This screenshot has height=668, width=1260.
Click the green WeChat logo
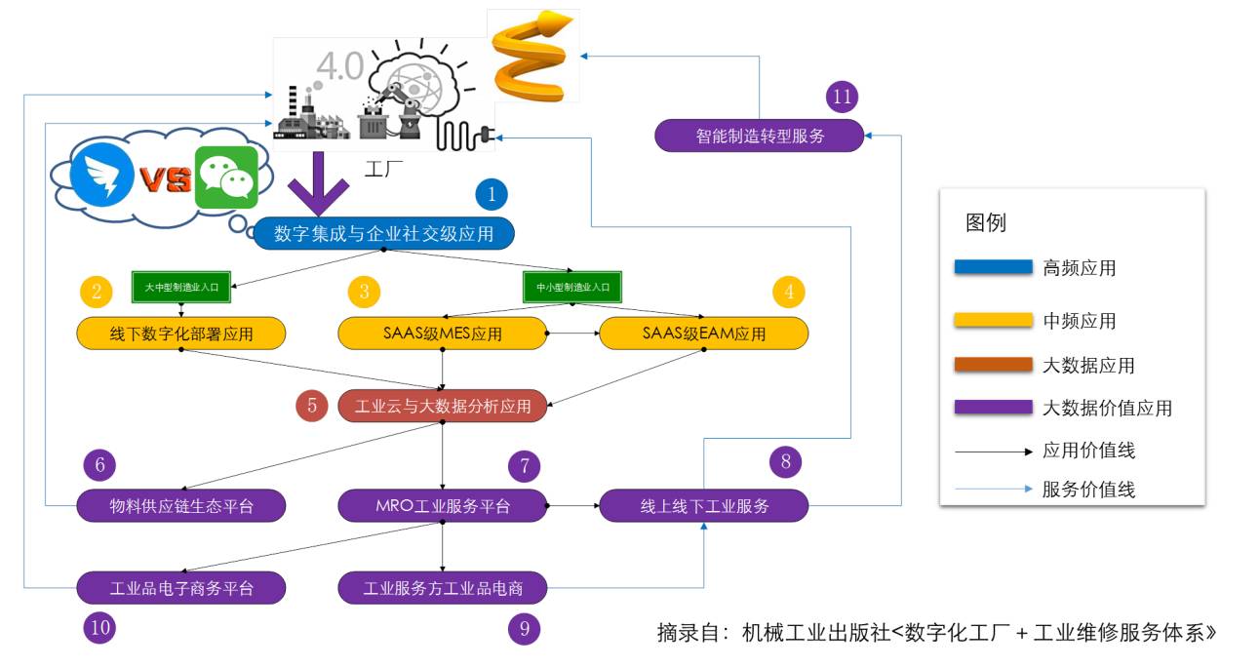pyautogui.click(x=226, y=178)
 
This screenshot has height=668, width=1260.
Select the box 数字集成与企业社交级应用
pyautogui.click(x=383, y=233)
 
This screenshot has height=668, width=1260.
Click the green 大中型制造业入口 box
pyautogui.click(x=180, y=288)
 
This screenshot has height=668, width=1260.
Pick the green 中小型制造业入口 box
pyautogui.click(x=572, y=288)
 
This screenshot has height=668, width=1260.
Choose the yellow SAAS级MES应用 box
pyautogui.click(x=442, y=334)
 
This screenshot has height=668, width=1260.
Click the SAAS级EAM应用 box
pyautogui.click(x=703, y=334)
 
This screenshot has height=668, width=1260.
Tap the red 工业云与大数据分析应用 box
pyautogui.click(x=442, y=406)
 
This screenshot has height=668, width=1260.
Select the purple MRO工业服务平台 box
pyautogui.click(x=442, y=506)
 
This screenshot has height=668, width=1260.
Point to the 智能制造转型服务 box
pyautogui.click(x=760, y=136)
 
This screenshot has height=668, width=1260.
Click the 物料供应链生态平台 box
pyautogui.click(x=180, y=506)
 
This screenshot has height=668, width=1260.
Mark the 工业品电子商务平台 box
pyautogui.click(x=180, y=588)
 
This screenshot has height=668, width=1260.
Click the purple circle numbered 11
pyautogui.click(x=842, y=97)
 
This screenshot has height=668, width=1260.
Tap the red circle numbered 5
pyautogui.click(x=312, y=406)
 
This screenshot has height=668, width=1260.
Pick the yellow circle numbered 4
pyautogui.click(x=789, y=291)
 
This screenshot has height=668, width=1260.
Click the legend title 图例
pyautogui.click(x=985, y=222)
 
